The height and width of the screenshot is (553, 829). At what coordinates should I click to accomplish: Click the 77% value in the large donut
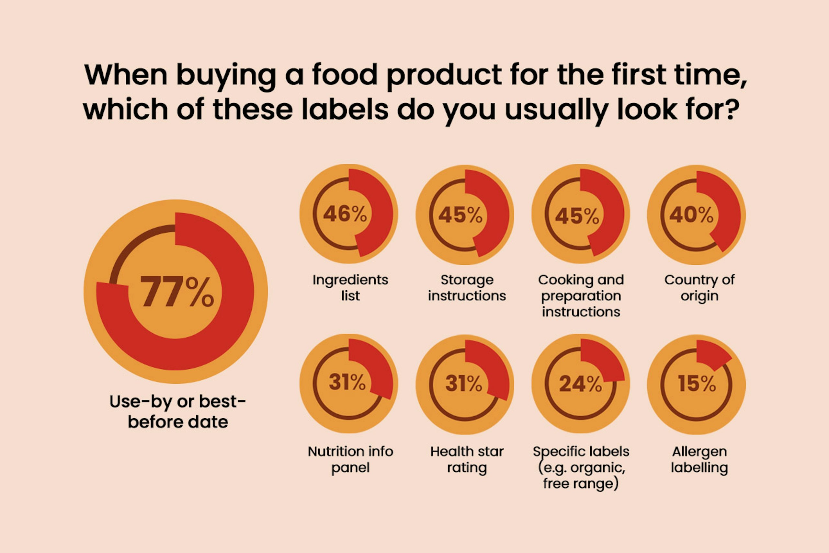coord(177,291)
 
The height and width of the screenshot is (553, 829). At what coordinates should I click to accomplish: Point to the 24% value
coord(581,384)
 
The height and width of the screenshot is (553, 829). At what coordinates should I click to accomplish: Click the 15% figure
coord(697,384)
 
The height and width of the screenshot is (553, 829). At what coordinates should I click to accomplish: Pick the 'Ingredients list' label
coord(350,288)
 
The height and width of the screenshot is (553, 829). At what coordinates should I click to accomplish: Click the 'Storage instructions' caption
coord(467,288)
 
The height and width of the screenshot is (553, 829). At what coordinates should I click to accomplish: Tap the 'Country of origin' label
coord(699,288)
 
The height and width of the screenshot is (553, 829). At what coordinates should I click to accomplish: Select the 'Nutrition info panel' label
coord(350,459)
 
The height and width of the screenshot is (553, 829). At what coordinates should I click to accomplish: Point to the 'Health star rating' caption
coord(467,459)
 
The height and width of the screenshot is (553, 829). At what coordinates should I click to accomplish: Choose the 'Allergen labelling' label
coord(699,459)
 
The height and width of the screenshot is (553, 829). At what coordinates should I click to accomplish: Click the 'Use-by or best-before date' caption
coord(178,411)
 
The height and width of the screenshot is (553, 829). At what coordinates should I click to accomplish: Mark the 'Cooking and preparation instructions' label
coord(581,295)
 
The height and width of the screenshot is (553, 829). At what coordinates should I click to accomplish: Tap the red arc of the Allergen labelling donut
coord(710,354)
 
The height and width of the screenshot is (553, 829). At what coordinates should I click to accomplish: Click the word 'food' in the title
coord(345,75)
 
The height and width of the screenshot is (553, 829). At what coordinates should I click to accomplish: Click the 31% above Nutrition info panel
coord(347,382)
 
